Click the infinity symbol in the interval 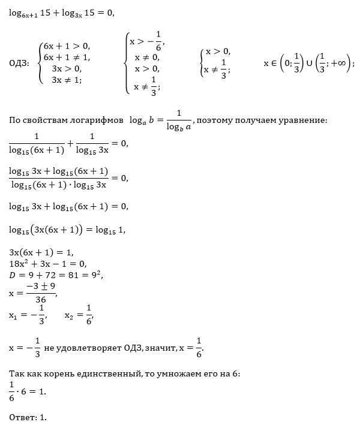click(x=341, y=63)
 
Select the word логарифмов click(x=100, y=120)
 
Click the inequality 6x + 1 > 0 click(x=66, y=46)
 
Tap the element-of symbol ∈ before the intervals click(x=274, y=63)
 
